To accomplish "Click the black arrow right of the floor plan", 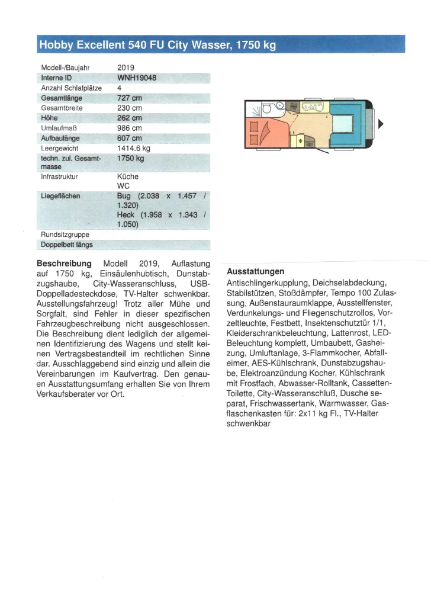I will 381,124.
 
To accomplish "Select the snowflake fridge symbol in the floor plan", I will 300,141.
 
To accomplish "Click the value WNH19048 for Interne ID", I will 137,78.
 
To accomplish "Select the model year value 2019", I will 126,68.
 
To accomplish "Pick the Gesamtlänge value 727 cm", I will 130,98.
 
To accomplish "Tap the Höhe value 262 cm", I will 130,118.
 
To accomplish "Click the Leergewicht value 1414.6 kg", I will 134,148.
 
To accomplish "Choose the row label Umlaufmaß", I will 60,128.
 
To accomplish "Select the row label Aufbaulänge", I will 61,138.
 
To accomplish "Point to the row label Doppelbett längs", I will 67,244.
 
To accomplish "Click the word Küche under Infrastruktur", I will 128,176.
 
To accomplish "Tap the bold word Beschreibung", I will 64,264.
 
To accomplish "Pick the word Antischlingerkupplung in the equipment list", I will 267,282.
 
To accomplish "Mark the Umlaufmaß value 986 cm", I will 130,128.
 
